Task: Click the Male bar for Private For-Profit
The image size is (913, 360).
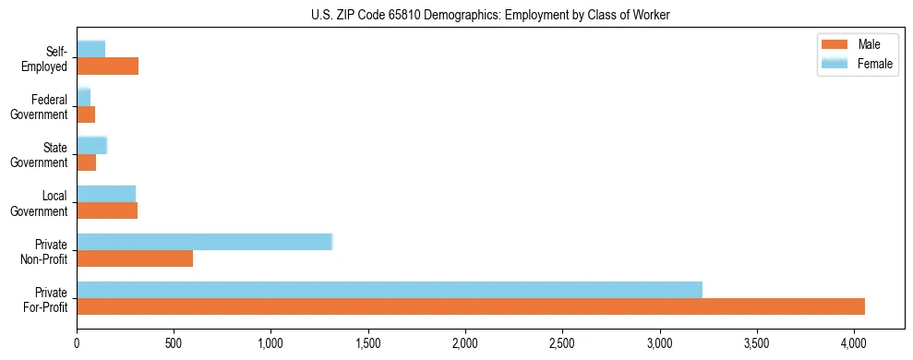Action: coord(471,306)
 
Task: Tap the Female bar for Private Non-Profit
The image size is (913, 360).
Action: coord(204,242)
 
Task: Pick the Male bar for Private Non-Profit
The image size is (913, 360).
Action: coord(135,258)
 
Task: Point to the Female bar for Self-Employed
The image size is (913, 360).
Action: coord(90,49)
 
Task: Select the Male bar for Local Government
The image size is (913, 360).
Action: coord(107,210)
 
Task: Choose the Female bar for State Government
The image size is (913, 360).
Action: coord(91,145)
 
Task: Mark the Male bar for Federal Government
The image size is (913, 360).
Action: coord(86,114)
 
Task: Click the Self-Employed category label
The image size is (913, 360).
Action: coord(47,59)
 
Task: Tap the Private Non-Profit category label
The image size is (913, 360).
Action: coord(46,251)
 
